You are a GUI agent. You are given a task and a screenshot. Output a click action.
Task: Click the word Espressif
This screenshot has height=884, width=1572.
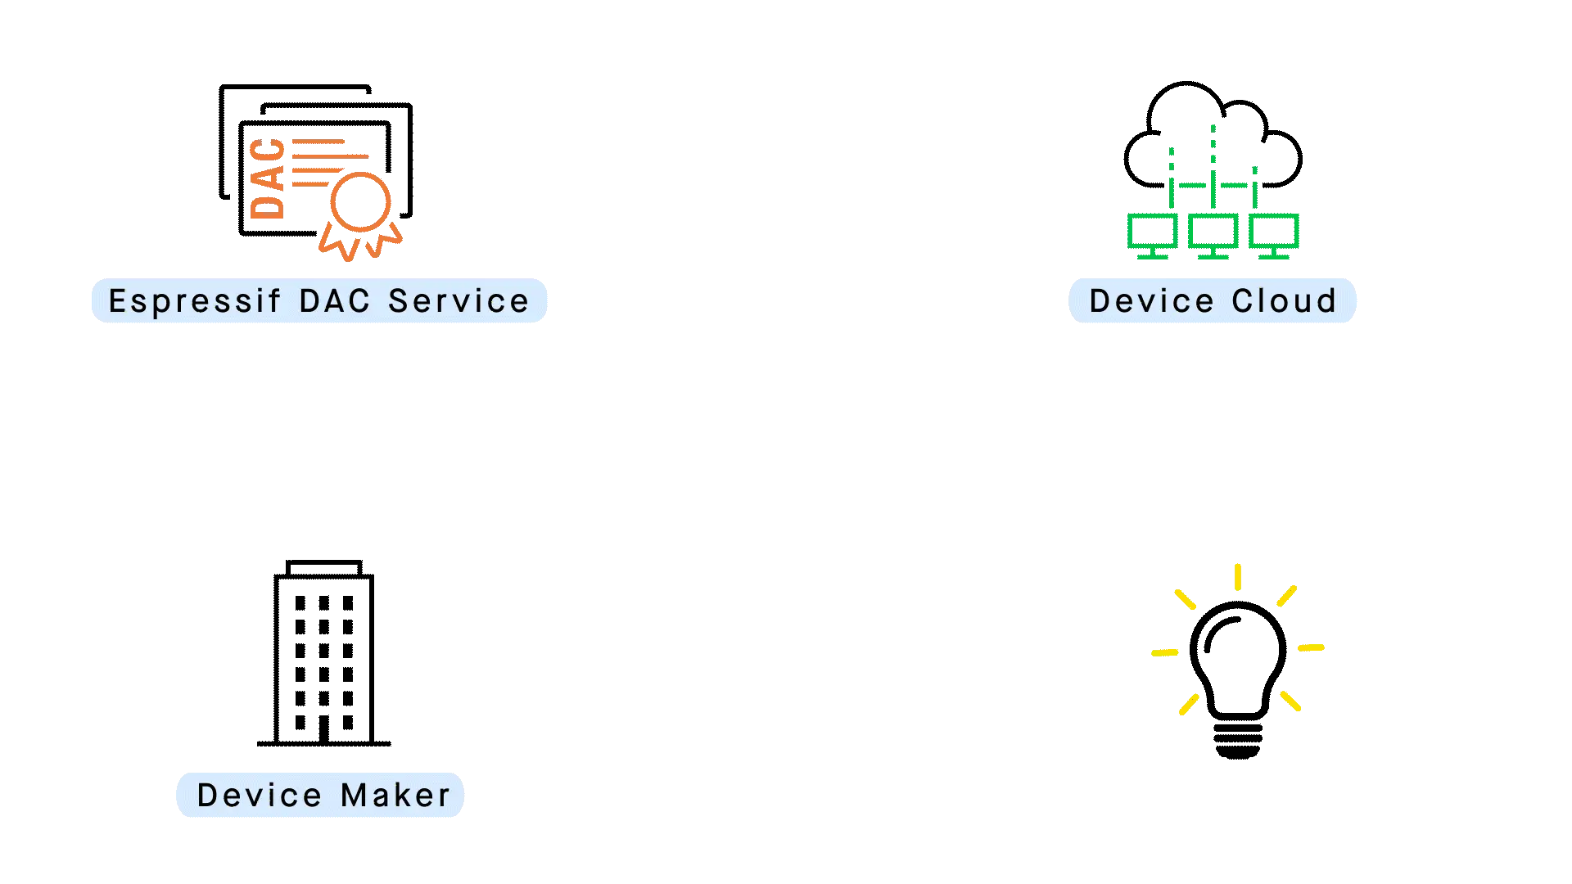point(195,302)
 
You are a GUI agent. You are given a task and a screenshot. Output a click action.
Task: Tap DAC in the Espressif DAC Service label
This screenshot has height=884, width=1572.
point(334,301)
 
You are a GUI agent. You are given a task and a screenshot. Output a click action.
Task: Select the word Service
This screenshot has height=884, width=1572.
point(458,301)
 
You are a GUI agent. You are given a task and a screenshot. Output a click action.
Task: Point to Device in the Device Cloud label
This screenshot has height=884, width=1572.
point(1151,301)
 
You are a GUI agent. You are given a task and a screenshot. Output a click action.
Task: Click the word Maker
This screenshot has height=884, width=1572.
point(395,795)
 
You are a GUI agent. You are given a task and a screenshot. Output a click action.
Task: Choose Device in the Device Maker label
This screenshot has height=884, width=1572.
point(260,795)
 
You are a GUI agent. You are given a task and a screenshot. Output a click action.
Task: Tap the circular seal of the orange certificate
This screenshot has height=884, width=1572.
point(359,201)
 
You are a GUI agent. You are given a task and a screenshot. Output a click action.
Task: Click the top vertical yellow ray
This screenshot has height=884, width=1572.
point(1238,575)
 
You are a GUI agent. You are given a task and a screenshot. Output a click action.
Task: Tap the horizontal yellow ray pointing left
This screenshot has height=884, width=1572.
point(1163,652)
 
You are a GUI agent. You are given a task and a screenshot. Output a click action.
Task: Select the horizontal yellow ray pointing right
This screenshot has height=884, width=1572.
point(1312,648)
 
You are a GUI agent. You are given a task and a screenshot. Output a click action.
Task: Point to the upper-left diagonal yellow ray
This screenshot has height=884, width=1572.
point(1185,598)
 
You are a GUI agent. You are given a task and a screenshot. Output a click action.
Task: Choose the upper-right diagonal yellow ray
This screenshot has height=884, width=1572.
point(1284,597)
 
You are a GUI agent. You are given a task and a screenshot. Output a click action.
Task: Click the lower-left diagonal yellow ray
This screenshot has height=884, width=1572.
point(1190,703)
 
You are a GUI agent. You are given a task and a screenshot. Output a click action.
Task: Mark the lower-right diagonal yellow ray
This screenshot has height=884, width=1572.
point(1290,701)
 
